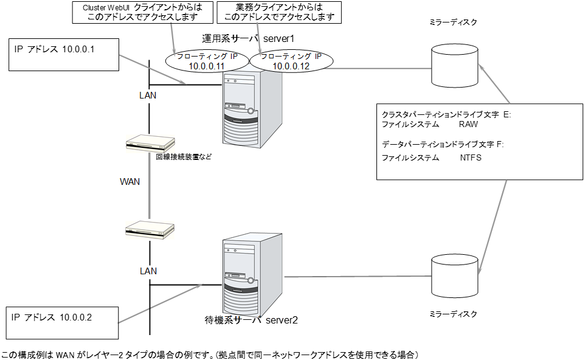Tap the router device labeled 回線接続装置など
tap(150, 144)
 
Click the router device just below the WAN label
tap(150, 230)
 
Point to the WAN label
tap(130, 182)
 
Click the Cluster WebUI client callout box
tap(137, 12)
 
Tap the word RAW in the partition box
tap(469, 124)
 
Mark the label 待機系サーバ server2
tap(251, 320)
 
